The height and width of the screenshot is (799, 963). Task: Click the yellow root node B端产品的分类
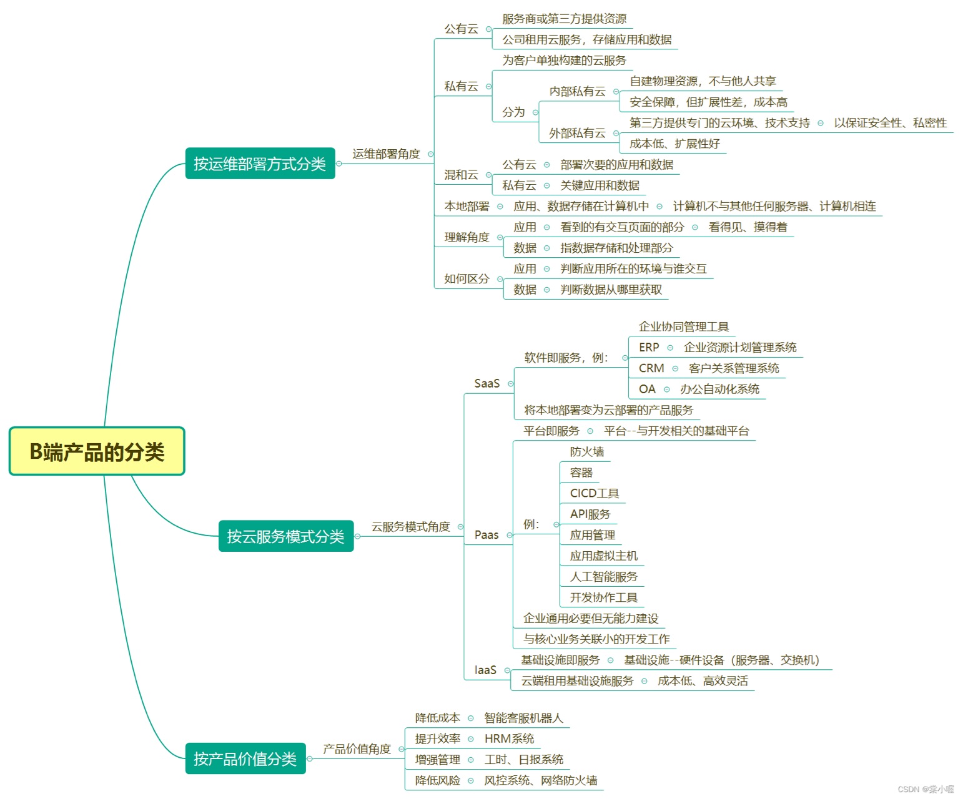tap(97, 451)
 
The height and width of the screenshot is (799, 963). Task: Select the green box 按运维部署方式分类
tap(260, 164)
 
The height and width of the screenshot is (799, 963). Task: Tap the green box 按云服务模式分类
tap(285, 536)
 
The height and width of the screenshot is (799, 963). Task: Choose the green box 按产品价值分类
tap(245, 758)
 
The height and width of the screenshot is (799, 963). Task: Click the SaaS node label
tap(487, 383)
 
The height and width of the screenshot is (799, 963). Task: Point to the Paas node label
tap(486, 535)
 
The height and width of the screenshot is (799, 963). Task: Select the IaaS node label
tap(485, 670)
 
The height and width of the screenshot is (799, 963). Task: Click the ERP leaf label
tap(649, 347)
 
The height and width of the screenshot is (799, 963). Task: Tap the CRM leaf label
tap(651, 368)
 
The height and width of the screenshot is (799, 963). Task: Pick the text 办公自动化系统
tap(719, 389)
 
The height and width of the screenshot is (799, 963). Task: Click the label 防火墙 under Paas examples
tap(586, 451)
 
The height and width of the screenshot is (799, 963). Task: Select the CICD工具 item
tap(594, 493)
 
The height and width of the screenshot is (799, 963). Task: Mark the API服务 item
tap(590, 514)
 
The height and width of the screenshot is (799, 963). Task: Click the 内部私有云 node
tap(577, 91)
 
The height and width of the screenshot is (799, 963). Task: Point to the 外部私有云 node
tap(577, 133)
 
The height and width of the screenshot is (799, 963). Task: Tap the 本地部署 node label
tap(467, 206)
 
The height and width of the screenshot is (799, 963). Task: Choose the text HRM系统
tap(509, 738)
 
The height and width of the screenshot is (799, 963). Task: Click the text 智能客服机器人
tap(523, 718)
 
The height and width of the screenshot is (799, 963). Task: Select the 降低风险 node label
tap(437, 780)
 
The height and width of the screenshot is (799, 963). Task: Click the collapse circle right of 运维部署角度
tap(430, 154)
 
